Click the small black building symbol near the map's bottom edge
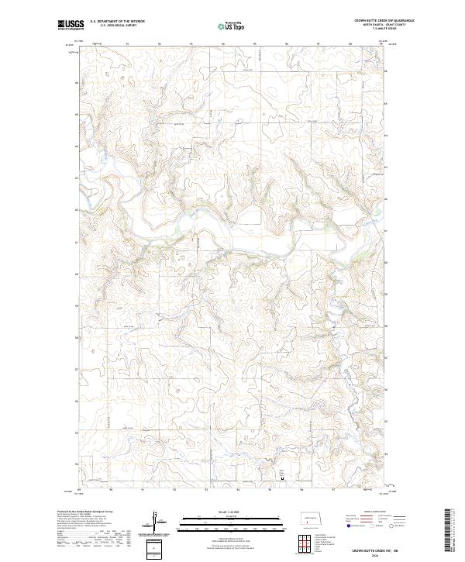(x=282, y=478)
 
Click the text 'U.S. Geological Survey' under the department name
(x=117, y=26)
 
